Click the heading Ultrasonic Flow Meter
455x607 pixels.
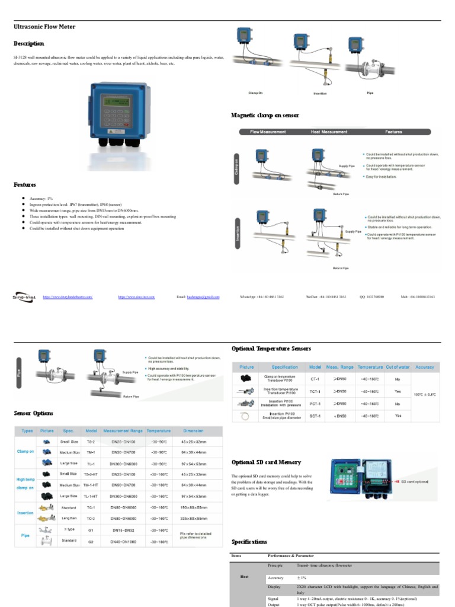coord(45,27)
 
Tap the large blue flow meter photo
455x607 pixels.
coord(118,112)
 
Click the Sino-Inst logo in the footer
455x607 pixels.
coord(24,296)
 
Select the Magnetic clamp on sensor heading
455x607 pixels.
coord(265,115)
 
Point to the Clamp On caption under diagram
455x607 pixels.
coord(255,93)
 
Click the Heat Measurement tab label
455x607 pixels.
coord(329,132)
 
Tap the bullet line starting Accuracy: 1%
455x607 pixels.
coord(43,199)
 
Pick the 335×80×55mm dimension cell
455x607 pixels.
coord(193,517)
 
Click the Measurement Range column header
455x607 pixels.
coord(123,431)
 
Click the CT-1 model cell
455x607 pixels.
coord(315,378)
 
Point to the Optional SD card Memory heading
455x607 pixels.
coord(266,462)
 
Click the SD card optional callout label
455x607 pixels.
coord(415,482)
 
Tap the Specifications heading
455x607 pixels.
coord(249,542)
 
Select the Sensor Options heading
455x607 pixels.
coord(34,413)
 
